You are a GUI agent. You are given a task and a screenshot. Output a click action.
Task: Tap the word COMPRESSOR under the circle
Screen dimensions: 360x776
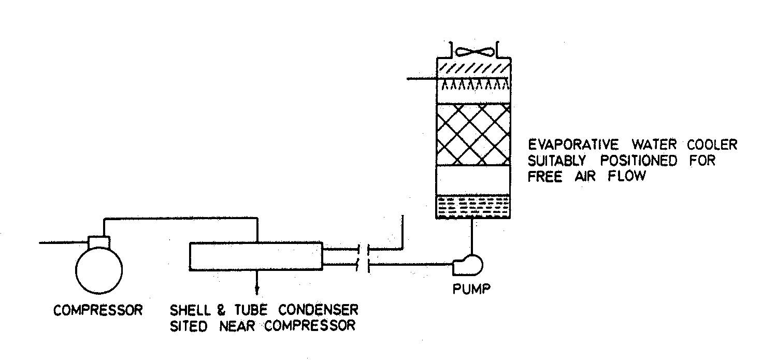(98, 310)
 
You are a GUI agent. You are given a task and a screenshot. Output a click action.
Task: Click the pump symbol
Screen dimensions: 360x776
(467, 264)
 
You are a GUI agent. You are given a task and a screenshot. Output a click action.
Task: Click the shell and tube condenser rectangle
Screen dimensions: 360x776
(255, 256)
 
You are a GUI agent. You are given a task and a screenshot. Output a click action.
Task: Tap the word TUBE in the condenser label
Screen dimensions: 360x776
(252, 310)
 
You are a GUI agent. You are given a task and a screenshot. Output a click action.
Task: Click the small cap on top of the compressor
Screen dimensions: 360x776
(99, 241)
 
